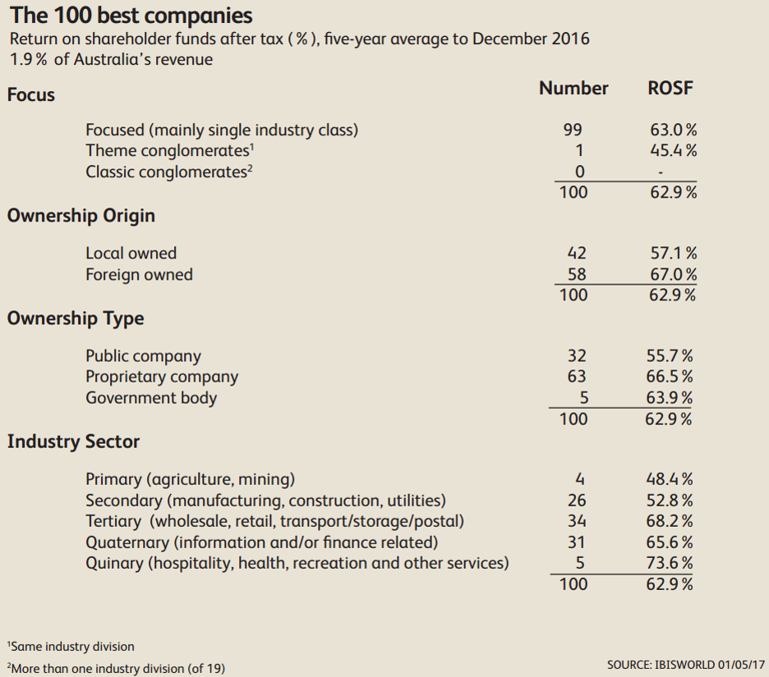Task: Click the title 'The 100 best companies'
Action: [130, 16]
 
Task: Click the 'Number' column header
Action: [573, 89]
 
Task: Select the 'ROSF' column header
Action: [670, 89]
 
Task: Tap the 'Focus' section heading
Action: [31, 95]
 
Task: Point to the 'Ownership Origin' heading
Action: [81, 216]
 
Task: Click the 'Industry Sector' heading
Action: [73, 441]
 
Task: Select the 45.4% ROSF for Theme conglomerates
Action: [673, 150]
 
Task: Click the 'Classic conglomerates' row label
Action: [167, 172]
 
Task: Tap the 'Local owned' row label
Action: [131, 254]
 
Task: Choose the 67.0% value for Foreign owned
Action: [673, 275]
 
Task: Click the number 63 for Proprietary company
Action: [577, 377]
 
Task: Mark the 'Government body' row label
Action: [151, 398]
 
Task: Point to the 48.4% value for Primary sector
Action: [670, 479]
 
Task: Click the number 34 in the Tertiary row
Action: [577, 521]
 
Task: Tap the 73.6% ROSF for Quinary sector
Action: [670, 563]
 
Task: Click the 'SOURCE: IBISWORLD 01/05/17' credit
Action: [686, 664]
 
